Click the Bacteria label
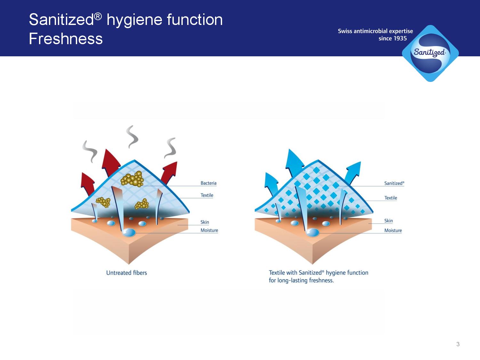[x=208, y=183]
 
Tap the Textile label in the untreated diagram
[x=207, y=195]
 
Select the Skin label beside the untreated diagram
[x=205, y=222]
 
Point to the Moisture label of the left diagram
[x=209, y=230]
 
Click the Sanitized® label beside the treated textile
[x=394, y=183]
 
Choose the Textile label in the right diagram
[x=391, y=198]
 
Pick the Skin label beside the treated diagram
[x=388, y=220]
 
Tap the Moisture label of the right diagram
[x=393, y=230]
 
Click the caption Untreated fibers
[x=126, y=273]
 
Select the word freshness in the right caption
[x=321, y=280]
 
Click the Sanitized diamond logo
[x=430, y=53]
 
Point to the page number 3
[x=458, y=344]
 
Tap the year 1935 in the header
[x=400, y=38]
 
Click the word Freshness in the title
[x=66, y=39]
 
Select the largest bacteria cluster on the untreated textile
[x=132, y=179]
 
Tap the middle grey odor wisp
[x=132, y=137]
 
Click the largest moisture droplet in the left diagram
[x=129, y=232]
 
